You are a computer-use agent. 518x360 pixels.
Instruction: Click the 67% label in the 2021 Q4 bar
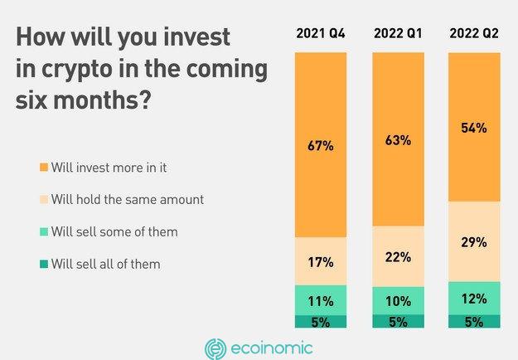(321, 146)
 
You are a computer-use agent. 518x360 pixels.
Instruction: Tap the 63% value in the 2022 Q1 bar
(398, 140)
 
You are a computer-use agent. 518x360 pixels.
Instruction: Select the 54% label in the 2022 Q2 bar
(474, 128)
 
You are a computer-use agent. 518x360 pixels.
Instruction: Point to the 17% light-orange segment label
(321, 262)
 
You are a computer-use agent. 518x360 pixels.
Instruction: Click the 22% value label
(398, 257)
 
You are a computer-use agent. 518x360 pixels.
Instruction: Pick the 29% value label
(474, 242)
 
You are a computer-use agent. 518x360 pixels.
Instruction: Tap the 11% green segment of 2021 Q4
(321, 299)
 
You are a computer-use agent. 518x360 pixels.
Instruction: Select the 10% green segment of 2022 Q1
(399, 300)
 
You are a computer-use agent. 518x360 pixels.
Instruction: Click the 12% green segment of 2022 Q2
(474, 298)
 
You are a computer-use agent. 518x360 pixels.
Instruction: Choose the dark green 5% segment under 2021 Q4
(321, 321)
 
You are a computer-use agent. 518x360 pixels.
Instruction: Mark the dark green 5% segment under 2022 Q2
(474, 321)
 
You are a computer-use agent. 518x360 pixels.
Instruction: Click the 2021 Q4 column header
(321, 33)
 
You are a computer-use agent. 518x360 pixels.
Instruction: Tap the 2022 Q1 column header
(398, 33)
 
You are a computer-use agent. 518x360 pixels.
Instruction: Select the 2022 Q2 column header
(474, 33)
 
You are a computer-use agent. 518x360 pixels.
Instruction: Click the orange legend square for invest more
(44, 167)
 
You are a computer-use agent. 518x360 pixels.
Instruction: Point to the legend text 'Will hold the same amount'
(128, 199)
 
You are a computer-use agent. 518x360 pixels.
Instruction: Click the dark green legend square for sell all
(44, 264)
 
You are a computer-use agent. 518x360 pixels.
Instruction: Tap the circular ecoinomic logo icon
(215, 348)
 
